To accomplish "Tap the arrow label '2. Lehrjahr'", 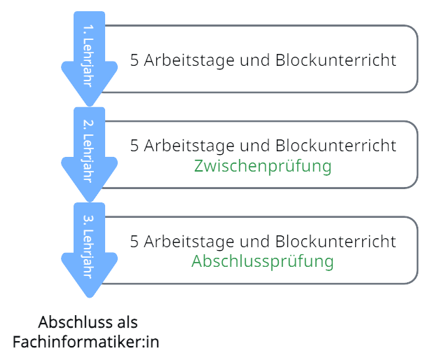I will coord(89,149).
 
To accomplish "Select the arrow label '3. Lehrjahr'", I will coord(89,245).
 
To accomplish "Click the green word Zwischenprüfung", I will coord(263,167).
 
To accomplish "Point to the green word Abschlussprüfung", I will coord(263,262).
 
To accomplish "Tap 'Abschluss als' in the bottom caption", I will coord(88,323).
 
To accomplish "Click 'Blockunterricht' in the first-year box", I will coord(336,60).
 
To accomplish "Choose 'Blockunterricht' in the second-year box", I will coord(336,146).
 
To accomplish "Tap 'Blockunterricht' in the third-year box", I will coord(336,242).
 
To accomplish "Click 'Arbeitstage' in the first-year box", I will coord(186,60).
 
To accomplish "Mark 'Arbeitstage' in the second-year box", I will coord(186,146).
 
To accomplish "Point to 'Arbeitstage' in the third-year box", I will coord(186,242).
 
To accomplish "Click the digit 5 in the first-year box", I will coord(135,60).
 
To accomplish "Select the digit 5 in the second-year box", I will coord(135,146).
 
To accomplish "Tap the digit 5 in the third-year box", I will coord(135,242).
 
